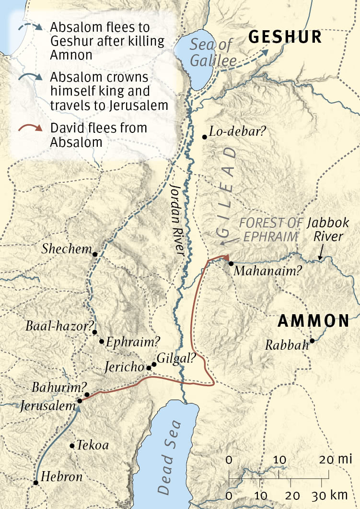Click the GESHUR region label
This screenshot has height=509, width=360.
(285, 37)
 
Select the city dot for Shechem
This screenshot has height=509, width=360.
(95, 254)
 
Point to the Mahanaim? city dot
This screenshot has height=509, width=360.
(231, 263)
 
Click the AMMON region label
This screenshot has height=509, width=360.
(314, 321)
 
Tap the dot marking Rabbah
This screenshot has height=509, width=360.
(312, 341)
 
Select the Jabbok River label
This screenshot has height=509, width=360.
(325, 230)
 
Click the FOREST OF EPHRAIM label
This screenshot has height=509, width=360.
(272, 230)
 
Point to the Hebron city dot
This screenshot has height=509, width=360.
(36, 483)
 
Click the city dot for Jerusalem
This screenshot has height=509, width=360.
(80, 401)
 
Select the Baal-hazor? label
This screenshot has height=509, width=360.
(59, 326)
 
